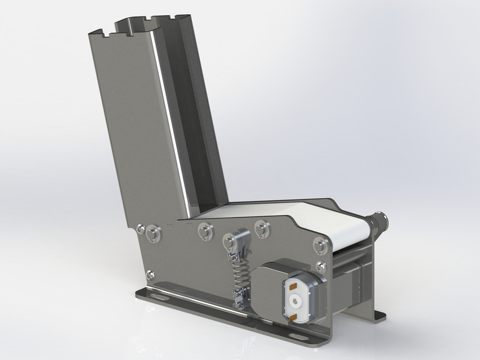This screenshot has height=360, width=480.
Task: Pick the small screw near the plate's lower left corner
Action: [x=150, y=274]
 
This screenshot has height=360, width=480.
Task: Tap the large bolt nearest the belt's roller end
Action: [x=320, y=245]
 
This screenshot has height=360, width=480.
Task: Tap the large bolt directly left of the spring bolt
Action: [x=204, y=231]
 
